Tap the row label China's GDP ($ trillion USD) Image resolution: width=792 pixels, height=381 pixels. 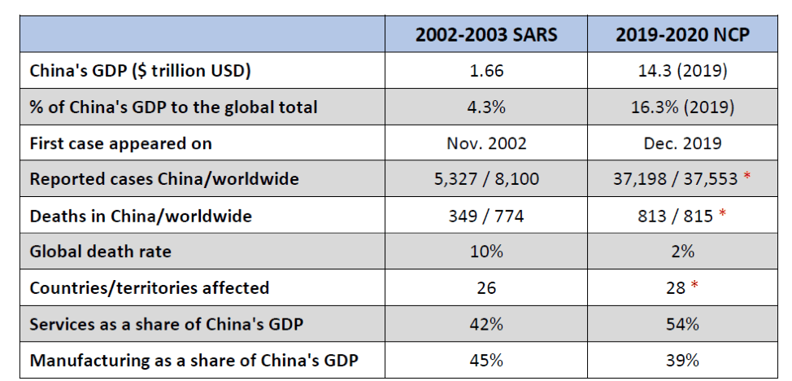coord(141,71)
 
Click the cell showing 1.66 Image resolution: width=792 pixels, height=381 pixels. coord(486,71)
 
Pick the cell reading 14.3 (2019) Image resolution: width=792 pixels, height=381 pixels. coord(682,71)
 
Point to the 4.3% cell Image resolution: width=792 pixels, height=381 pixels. coord(486,107)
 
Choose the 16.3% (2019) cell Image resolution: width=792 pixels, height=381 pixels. coord(682,107)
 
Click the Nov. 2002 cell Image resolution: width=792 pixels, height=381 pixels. coord(486,143)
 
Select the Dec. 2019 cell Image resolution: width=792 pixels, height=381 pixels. coord(682,143)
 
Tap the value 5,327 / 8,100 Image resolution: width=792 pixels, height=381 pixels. coord(486,179)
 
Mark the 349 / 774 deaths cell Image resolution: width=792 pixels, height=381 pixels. coord(486,216)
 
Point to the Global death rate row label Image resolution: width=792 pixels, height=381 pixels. coord(101,252)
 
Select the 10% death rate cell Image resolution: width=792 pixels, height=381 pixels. coord(486,252)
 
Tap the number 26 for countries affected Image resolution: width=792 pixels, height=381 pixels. coord(486,288)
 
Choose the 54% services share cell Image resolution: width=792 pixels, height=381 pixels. coord(682,324)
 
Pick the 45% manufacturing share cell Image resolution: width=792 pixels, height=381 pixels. coord(486,360)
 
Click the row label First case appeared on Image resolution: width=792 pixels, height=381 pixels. coord(121,143)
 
